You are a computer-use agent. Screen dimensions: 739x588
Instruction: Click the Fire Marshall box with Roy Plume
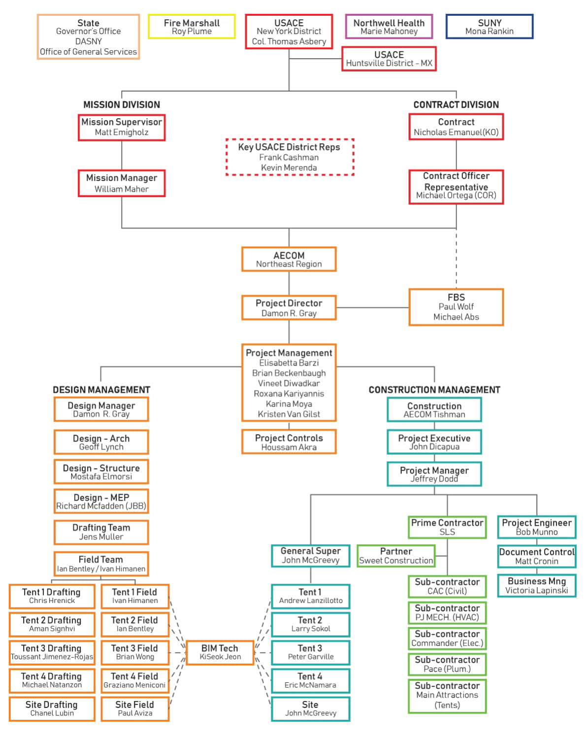(192, 27)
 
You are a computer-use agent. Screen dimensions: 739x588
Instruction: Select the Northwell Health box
(389, 27)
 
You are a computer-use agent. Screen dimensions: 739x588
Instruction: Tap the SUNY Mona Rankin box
(489, 27)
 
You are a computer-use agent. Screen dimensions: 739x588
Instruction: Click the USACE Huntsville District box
(389, 59)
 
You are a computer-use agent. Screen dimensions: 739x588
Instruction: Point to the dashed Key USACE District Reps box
(289, 157)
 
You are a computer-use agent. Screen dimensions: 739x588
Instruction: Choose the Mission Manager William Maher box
(122, 183)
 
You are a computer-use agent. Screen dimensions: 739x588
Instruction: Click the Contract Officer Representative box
(456, 186)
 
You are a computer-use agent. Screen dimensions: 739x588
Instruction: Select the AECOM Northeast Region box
(289, 259)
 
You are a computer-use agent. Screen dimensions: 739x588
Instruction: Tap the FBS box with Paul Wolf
(456, 307)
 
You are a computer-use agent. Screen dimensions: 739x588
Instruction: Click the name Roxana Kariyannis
(289, 394)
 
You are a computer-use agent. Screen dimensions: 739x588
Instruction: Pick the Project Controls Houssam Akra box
(289, 442)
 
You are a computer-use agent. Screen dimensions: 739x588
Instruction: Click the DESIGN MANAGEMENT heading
(101, 390)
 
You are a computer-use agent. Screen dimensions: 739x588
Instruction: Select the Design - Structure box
(101, 471)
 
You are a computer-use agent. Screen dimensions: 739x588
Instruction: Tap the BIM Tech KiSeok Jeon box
(220, 652)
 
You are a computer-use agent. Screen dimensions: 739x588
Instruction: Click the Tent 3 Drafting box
(52, 652)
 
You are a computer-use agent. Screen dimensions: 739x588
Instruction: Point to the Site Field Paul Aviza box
(135, 708)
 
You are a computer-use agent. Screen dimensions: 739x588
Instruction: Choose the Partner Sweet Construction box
(396, 556)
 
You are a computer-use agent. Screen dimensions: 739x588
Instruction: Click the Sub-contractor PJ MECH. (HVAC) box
(447, 612)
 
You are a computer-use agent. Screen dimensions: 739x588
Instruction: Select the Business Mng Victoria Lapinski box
(536, 585)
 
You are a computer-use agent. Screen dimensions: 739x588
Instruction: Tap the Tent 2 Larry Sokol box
(310, 624)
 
